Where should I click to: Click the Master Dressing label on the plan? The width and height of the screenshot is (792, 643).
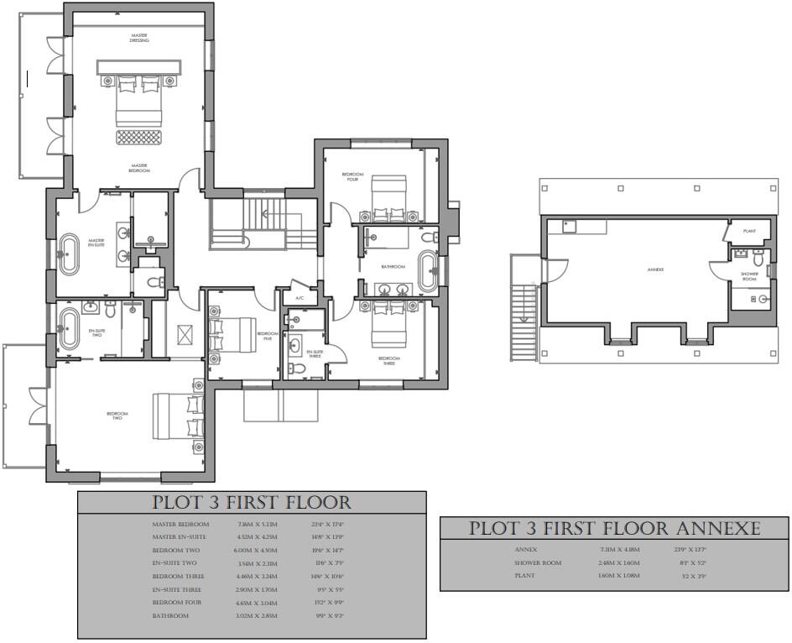[x=138, y=38]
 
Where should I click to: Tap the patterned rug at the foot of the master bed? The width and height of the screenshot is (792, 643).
[x=139, y=136]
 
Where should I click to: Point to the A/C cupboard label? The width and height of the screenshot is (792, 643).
[x=299, y=298]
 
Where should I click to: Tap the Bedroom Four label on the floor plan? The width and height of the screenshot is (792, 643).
[x=351, y=177]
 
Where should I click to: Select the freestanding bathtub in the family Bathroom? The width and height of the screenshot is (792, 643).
[x=428, y=270]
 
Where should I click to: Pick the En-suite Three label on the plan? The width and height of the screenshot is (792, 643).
[x=315, y=354]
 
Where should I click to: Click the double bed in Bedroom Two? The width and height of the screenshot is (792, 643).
[x=179, y=416]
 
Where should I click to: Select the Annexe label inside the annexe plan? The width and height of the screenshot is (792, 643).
[x=655, y=269]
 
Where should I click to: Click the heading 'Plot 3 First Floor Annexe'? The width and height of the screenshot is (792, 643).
[x=614, y=529]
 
